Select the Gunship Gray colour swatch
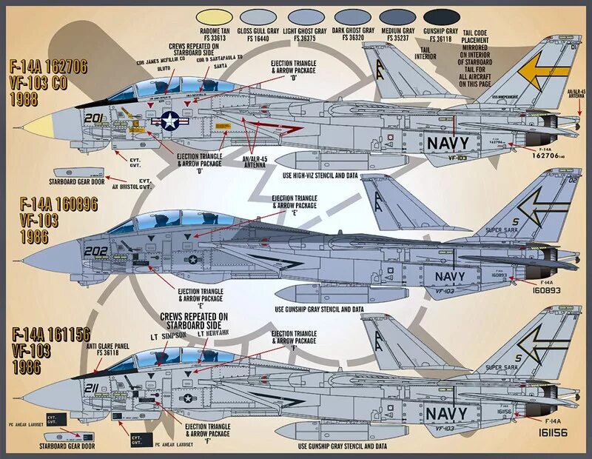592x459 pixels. (441, 16)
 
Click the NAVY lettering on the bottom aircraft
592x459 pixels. (447, 412)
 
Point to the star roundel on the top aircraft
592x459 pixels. (167, 122)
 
